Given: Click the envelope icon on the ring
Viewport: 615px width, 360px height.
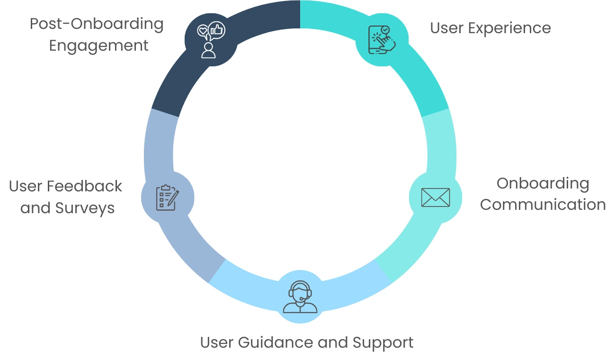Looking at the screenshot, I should coord(435,197).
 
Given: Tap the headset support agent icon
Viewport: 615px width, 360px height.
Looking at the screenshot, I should coord(300,297).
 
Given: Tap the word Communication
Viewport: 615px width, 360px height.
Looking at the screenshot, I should coord(543,205).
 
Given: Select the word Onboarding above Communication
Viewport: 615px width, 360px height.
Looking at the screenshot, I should coord(543,183).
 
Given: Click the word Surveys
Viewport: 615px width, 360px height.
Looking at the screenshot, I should coord(85,208).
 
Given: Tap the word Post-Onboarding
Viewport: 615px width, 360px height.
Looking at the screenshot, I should coord(97,24).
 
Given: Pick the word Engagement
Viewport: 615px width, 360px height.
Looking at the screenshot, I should coord(98,46).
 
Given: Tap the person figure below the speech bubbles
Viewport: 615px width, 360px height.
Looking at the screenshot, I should coord(208,50).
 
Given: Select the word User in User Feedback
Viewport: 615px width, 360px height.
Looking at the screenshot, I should coord(26,186).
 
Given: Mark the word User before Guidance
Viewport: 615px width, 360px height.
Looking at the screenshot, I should coord(217,342).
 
